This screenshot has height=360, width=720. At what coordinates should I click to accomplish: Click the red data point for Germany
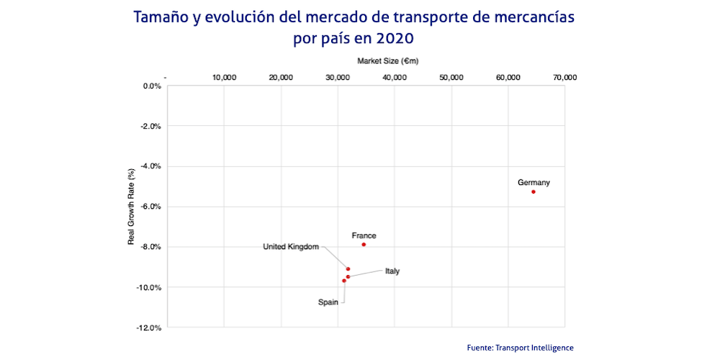(534, 192)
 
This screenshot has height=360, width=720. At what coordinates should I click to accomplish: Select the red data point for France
(364, 244)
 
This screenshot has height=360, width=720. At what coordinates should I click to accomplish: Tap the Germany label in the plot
(534, 182)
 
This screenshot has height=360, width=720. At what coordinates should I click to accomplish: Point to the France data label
(364, 235)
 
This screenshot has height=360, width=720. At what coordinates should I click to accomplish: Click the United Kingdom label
(291, 247)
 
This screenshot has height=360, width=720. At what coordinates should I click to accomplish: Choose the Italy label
(392, 271)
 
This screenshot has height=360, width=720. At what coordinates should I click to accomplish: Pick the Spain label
(328, 302)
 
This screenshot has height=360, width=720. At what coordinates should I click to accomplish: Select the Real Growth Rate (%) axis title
(131, 207)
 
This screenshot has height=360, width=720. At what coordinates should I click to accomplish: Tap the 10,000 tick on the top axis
(224, 77)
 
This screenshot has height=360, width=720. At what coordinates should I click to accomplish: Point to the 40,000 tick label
(394, 77)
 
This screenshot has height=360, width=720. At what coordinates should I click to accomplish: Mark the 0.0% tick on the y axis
(152, 86)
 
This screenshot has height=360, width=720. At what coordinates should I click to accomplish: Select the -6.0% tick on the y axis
(150, 207)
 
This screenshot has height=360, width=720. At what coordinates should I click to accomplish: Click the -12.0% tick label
(149, 328)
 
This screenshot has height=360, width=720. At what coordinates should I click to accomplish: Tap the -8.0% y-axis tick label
(150, 248)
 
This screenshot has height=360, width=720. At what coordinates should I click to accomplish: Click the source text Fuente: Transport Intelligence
(520, 348)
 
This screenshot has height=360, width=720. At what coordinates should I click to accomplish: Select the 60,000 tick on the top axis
(508, 77)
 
